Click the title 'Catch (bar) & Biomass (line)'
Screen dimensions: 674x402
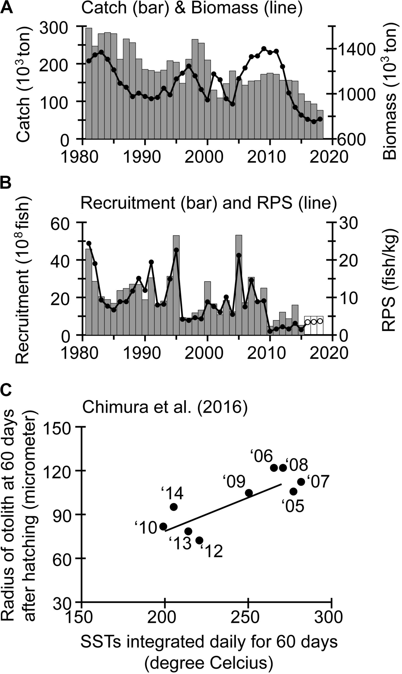click(x=192, y=8)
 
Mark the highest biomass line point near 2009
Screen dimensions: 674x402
click(x=264, y=49)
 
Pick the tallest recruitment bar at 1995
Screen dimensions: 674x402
click(x=176, y=285)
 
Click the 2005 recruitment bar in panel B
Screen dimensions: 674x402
click(x=239, y=285)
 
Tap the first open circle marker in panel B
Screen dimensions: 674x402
click(x=307, y=322)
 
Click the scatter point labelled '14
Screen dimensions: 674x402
click(x=174, y=506)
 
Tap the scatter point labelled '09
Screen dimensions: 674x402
click(x=249, y=493)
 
